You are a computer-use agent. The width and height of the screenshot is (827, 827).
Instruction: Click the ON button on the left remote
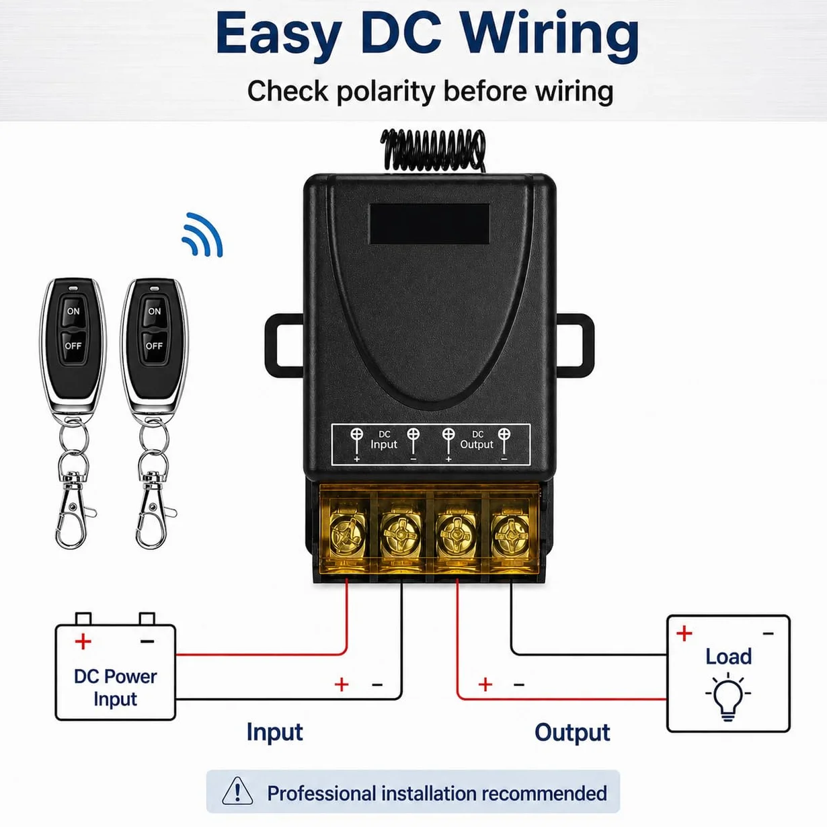73,311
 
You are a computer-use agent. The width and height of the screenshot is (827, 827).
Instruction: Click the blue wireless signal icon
202,235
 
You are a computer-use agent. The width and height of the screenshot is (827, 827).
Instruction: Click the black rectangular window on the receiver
430,224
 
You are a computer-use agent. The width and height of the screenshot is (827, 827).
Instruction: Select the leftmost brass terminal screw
348,535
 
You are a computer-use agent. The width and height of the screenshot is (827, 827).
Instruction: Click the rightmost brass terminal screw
511,535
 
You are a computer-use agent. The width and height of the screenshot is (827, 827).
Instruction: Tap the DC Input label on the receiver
384,440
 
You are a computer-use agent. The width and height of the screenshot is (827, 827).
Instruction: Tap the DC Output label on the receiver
477,440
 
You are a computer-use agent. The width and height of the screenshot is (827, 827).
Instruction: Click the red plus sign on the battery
83,641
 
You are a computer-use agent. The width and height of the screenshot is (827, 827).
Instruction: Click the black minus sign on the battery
147,641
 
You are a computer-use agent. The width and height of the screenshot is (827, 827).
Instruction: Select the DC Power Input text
115,688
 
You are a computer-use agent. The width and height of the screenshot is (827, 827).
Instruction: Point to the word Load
729,656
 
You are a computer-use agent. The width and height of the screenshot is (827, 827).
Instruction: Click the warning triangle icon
237,790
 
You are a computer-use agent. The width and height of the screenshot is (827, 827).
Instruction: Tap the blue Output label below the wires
572,733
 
